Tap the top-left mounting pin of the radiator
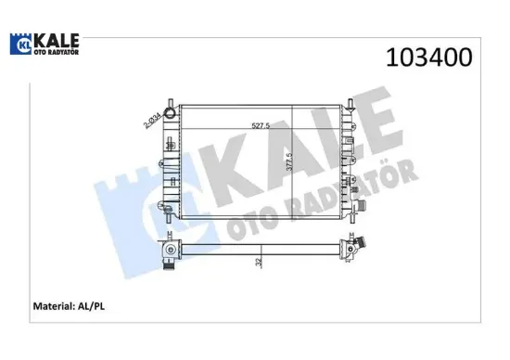click(x=170, y=99)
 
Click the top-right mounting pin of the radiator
click(x=351, y=99)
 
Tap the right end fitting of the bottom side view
click(x=352, y=249)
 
